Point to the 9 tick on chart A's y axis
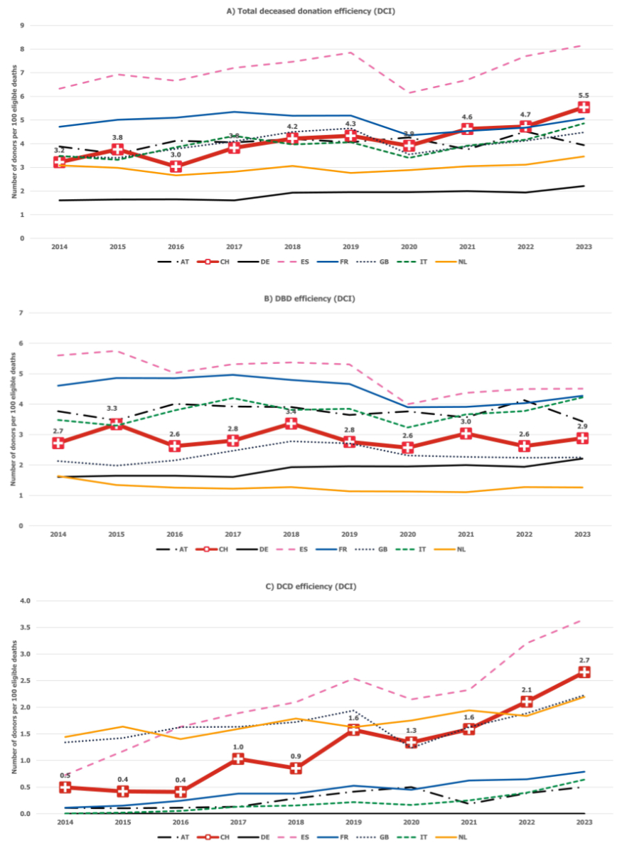(x=22, y=26)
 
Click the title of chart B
(x=311, y=299)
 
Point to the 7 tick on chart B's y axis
(x=22, y=313)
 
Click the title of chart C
(x=311, y=586)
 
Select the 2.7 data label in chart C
(x=584, y=660)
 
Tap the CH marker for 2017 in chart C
(x=237, y=759)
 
